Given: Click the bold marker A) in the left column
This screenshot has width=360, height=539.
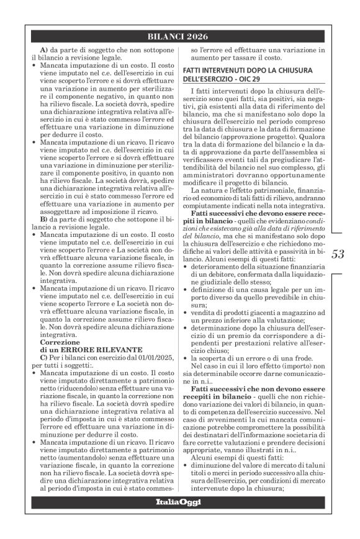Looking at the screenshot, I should pos(44,50).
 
